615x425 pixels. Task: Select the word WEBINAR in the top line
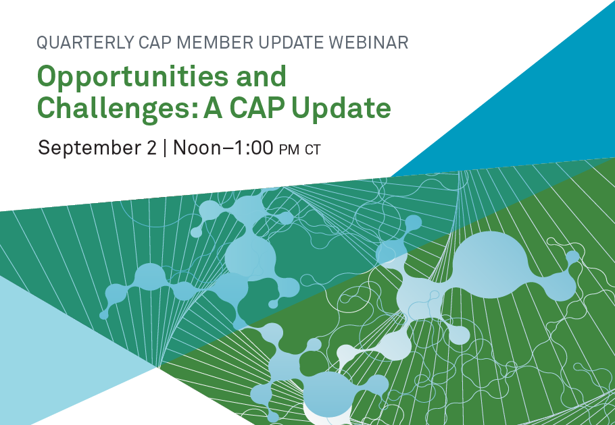(x=369, y=42)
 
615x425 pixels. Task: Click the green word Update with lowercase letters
(x=341, y=109)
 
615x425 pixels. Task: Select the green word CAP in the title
(x=257, y=107)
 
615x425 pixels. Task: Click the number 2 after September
(x=152, y=148)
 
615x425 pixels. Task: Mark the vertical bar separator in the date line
(x=165, y=148)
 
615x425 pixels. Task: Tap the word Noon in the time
(x=197, y=148)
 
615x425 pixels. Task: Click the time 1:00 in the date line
(x=253, y=148)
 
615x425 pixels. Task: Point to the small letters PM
(x=289, y=150)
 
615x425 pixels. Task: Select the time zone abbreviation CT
(x=313, y=150)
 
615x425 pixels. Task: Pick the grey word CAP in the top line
(x=155, y=42)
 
